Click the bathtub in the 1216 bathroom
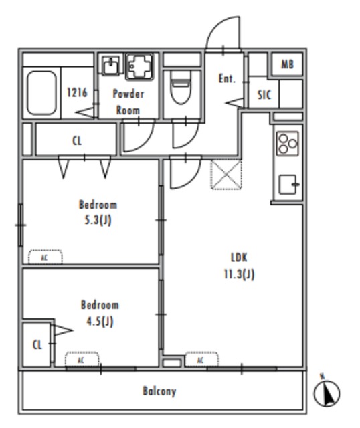click(x=42, y=92)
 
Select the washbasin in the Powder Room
click(x=111, y=66)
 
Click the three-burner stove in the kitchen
click(x=287, y=144)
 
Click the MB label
click(x=287, y=64)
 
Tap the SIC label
click(x=264, y=95)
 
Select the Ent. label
click(x=227, y=79)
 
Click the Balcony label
click(x=159, y=391)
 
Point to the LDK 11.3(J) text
click(x=240, y=266)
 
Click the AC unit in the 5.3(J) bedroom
click(x=46, y=257)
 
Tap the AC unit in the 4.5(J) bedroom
click(x=82, y=360)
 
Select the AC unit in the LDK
click(x=201, y=360)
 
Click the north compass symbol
click(x=327, y=392)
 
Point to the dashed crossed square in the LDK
click(x=226, y=175)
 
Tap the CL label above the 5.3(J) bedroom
click(x=77, y=141)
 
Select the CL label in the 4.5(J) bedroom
click(x=37, y=345)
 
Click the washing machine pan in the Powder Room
click(x=139, y=67)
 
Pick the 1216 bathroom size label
click(x=78, y=92)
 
